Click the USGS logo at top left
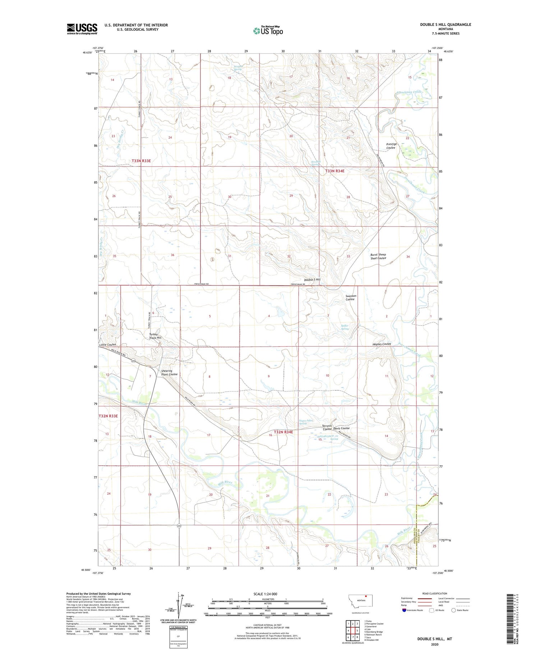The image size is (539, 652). click(x=82, y=29)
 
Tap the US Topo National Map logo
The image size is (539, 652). click(x=268, y=31)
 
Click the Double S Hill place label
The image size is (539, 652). click(x=312, y=279)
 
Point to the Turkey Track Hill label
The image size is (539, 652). click(x=155, y=336)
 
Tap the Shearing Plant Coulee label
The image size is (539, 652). click(x=169, y=373)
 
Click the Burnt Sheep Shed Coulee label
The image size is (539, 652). click(x=378, y=256)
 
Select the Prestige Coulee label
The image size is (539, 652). click(x=391, y=146)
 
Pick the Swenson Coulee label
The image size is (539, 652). click(x=351, y=297)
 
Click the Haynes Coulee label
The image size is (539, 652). click(x=382, y=344)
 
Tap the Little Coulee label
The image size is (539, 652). click(x=108, y=345)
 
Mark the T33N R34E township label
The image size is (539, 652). click(x=335, y=171)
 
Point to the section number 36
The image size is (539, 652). click(x=172, y=255)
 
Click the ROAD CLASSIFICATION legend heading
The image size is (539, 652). click(x=435, y=593)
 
